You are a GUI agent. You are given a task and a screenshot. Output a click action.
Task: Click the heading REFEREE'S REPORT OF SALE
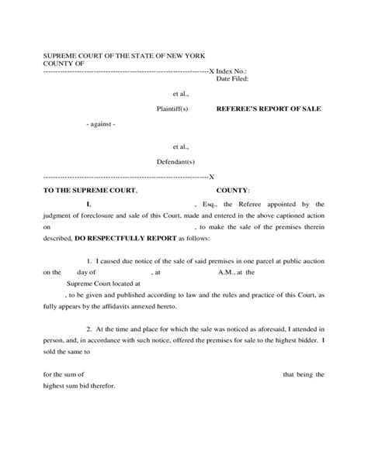click(268, 109)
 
